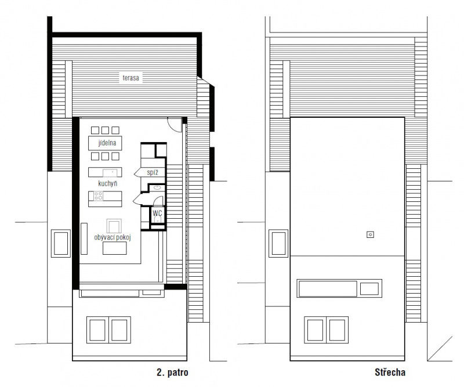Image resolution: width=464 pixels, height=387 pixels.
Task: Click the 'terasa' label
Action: pos(131,78)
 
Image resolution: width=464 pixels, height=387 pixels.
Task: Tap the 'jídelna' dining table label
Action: pos(107,143)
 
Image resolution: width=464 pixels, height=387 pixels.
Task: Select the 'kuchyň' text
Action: pos(108,183)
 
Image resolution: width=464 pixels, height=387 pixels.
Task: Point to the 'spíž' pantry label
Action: pos(153,172)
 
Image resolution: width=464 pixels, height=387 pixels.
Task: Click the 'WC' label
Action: pos(157,213)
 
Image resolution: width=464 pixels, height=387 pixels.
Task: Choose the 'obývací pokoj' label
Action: pos(113,237)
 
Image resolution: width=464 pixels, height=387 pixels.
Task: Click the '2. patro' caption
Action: pos(172,372)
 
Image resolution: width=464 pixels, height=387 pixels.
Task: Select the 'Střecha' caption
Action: pos(390,372)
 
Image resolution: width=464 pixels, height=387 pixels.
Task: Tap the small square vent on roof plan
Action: pos(370,234)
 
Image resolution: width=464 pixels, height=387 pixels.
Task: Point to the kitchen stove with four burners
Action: pos(98,196)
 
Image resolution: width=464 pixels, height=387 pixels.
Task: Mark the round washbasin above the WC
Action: pos(157,187)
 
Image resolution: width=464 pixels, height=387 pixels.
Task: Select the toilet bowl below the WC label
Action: pos(158,219)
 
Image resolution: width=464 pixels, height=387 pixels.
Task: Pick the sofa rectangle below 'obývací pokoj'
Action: pos(114,248)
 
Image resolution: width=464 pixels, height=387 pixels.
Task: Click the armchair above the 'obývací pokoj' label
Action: pos(114,226)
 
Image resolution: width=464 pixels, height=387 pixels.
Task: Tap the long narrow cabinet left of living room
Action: pos(84,238)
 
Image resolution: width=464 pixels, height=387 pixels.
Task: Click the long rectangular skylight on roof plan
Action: pos(328,289)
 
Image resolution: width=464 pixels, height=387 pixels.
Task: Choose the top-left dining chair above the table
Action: pos(95,131)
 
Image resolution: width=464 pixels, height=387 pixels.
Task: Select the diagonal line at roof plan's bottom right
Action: pos(440,349)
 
